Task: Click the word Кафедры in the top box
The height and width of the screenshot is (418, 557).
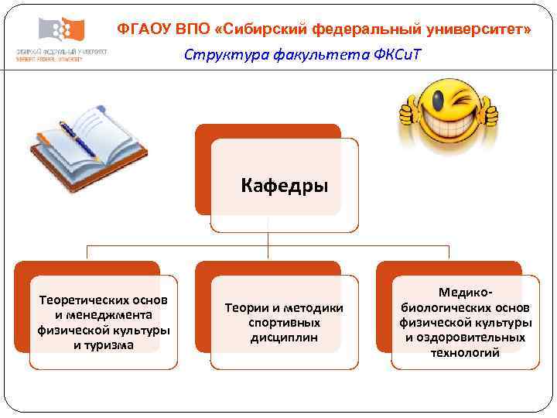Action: click(x=285, y=186)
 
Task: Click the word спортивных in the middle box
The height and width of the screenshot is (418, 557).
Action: click(x=284, y=323)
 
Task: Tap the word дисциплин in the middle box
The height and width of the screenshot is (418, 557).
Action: click(x=284, y=337)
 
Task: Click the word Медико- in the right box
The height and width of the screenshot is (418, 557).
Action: click(x=465, y=293)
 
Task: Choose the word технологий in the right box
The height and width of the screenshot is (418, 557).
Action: click(x=465, y=353)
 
